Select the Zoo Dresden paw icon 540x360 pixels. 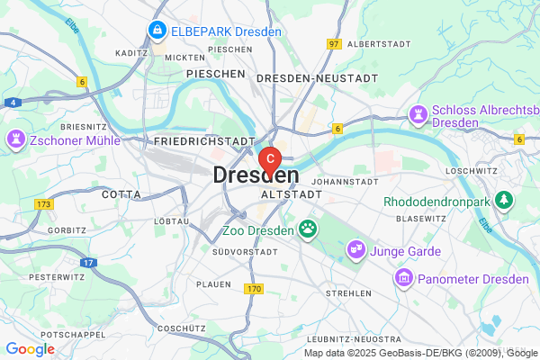tap(310, 229)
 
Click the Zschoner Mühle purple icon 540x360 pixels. tap(16, 139)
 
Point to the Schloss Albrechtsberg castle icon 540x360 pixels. tap(418, 113)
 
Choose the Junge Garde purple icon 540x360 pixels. tap(357, 247)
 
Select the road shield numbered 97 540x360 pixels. tap(334, 44)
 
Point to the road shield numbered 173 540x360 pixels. tap(44, 206)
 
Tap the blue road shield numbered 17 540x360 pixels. tap(88, 262)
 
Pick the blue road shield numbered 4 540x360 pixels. tap(13, 103)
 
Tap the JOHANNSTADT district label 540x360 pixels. tap(343, 179)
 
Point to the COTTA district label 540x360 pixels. tap(121, 193)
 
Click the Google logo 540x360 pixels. tap(30, 349)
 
